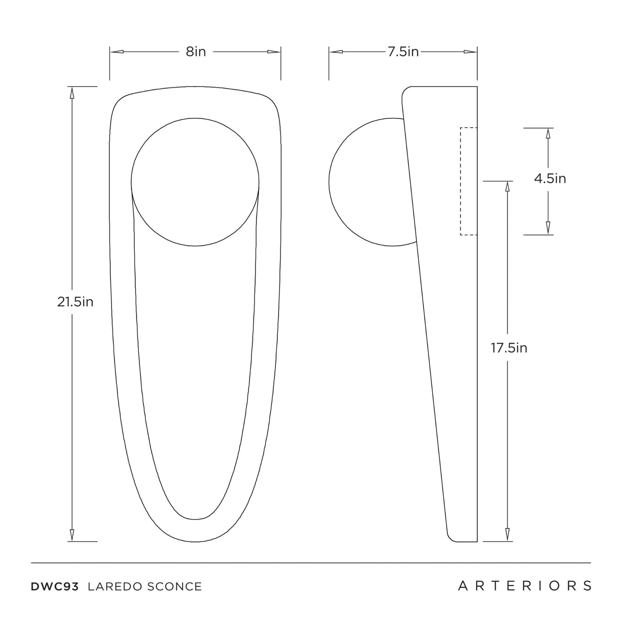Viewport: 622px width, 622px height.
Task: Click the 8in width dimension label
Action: [196, 52]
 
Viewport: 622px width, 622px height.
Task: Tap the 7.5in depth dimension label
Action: [403, 52]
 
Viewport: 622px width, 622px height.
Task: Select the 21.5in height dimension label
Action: [75, 302]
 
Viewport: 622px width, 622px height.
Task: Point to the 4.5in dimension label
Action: [550, 178]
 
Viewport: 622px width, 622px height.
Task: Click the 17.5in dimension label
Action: [509, 348]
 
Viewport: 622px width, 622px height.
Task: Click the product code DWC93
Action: [55, 586]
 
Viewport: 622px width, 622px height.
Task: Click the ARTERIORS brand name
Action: [525, 586]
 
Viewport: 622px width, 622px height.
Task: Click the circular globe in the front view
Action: [195, 182]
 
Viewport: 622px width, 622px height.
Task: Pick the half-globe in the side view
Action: [372, 182]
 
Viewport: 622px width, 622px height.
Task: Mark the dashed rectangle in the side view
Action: [469, 181]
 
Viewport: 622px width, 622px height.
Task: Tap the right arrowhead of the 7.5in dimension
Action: [470, 52]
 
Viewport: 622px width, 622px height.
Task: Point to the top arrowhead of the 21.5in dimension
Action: [72, 93]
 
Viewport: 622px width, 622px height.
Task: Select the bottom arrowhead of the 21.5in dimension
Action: [72, 535]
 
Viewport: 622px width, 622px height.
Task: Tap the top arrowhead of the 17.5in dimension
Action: [507, 188]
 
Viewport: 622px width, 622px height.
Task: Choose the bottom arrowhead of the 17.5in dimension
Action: [507, 535]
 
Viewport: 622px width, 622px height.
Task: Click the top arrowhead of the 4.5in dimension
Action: [548, 134]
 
